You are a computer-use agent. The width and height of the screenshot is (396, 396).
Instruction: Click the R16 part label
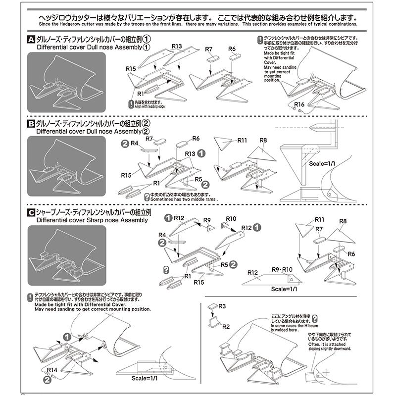tap(298, 104)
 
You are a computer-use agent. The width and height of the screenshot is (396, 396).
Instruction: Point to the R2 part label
tap(225, 326)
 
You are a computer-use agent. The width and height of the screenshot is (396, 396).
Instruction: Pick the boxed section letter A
tap(30, 39)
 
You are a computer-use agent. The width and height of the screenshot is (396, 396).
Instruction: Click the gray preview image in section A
tap(66, 79)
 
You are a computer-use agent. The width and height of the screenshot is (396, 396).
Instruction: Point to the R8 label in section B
tap(263, 141)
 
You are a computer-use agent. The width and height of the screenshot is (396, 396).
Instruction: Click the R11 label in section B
tap(242, 141)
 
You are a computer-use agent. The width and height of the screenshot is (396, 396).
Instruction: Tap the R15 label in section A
tap(131, 68)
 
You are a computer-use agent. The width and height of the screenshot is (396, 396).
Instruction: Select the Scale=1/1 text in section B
tap(322, 163)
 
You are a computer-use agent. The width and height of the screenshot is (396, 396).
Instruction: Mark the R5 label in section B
tap(198, 179)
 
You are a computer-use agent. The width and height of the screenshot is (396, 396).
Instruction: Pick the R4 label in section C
tap(162, 235)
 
